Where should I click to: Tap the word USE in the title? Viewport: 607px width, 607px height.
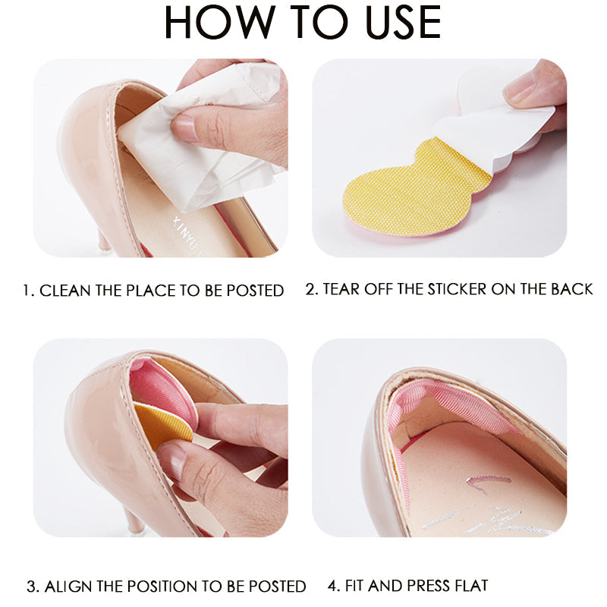click(403, 22)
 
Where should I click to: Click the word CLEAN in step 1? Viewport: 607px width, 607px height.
click(64, 291)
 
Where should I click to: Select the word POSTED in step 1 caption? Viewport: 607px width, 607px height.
click(255, 291)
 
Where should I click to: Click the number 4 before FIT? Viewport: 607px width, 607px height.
click(332, 585)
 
